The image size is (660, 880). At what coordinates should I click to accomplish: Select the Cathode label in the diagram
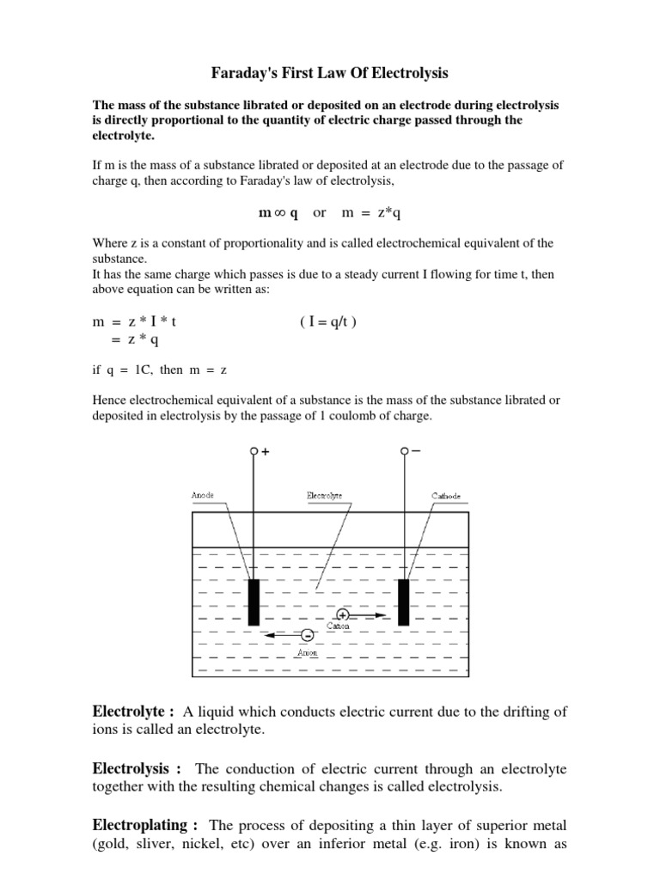coord(445,496)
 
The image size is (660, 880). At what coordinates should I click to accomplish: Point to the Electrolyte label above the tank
coord(324,496)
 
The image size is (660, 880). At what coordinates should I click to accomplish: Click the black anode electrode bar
coord(254,602)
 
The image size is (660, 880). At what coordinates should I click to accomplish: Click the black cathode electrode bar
coord(403,602)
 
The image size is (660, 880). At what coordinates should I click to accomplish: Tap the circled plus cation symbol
coord(343,615)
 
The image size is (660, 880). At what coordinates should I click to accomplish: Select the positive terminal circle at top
coord(254,450)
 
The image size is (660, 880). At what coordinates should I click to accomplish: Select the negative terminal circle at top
coord(403,450)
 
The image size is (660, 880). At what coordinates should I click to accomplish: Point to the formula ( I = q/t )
coord(327,321)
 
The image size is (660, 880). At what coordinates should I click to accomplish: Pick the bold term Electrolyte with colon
coord(133,711)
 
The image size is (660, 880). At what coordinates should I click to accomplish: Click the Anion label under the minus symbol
coord(307,653)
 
